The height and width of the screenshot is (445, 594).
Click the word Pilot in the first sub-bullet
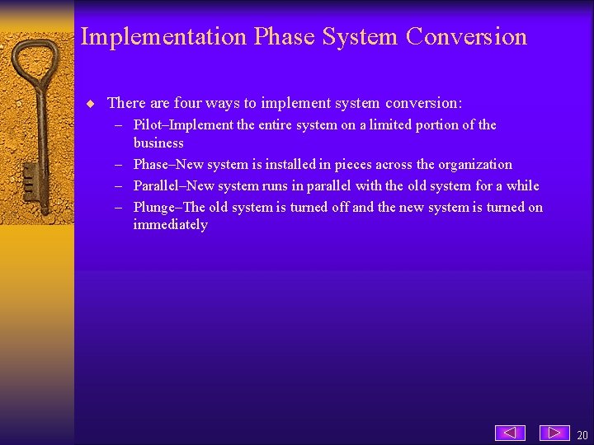(x=148, y=125)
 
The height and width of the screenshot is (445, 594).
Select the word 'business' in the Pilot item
(x=158, y=143)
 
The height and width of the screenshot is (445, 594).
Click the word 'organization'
(x=471, y=165)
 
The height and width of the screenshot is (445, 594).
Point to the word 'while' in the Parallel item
(x=521, y=186)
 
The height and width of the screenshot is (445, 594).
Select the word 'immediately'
(x=170, y=225)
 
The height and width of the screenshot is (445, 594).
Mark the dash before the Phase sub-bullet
(x=120, y=165)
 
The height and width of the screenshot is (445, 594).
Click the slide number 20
(x=582, y=435)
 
